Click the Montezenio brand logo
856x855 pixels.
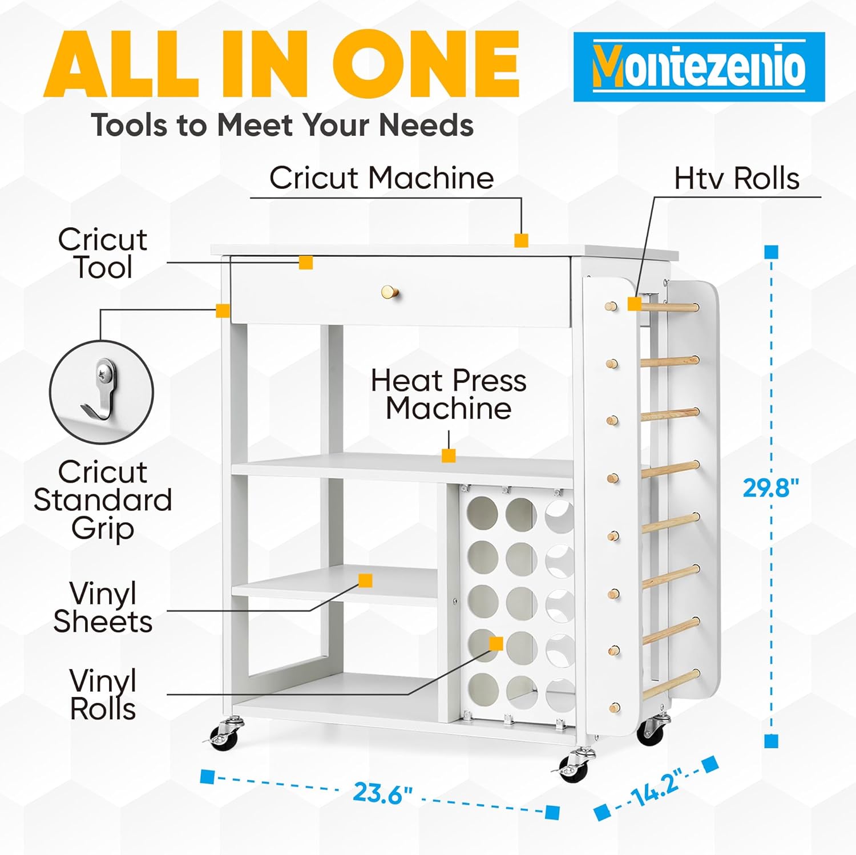[699, 67]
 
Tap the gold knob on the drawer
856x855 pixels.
[390, 292]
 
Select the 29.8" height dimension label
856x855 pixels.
[771, 488]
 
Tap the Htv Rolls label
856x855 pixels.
[737, 178]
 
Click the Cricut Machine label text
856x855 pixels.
[381, 178]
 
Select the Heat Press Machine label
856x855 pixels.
[449, 394]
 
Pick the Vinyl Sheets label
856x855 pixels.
[103, 607]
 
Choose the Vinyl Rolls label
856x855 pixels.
[103, 695]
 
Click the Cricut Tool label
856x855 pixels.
[103, 253]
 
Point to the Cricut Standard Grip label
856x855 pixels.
[103, 500]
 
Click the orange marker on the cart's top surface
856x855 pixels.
[521, 240]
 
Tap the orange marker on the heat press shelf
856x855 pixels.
[449, 455]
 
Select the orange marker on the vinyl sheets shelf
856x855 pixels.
[365, 580]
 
